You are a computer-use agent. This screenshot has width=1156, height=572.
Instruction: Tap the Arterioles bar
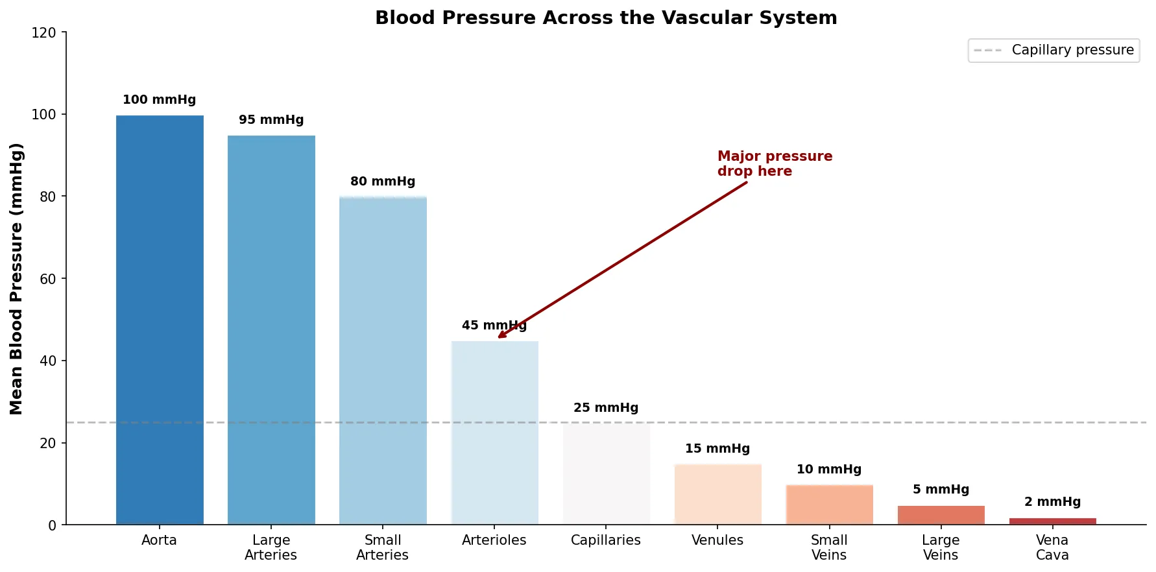[494, 433]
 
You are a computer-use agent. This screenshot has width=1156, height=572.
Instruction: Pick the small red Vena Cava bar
[1052, 521]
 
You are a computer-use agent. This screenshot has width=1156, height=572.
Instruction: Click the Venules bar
[717, 494]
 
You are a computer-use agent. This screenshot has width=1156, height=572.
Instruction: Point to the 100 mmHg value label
[159, 100]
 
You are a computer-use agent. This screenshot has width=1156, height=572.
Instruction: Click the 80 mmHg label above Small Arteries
[383, 182]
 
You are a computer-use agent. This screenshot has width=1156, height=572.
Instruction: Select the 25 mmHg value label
[606, 408]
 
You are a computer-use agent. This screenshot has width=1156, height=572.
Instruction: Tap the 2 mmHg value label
[1052, 502]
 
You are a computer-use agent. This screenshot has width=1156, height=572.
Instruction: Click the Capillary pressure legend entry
[1054, 50]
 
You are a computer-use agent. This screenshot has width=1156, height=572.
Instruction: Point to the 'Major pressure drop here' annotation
[775, 163]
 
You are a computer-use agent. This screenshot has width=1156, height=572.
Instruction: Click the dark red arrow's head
[500, 337]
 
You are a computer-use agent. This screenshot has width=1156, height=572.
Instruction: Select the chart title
[606, 18]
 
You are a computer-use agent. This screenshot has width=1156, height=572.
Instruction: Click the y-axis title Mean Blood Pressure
[16, 279]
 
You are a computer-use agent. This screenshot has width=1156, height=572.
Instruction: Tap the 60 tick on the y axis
[48, 279]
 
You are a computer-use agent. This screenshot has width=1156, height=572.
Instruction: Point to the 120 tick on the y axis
[44, 32]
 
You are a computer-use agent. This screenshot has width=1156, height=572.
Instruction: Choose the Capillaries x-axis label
[606, 540]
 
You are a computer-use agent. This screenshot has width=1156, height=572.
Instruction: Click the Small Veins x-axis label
[829, 547]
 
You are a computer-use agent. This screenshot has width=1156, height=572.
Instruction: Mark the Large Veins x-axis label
[941, 547]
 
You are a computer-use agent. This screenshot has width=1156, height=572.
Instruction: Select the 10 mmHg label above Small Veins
[829, 470]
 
